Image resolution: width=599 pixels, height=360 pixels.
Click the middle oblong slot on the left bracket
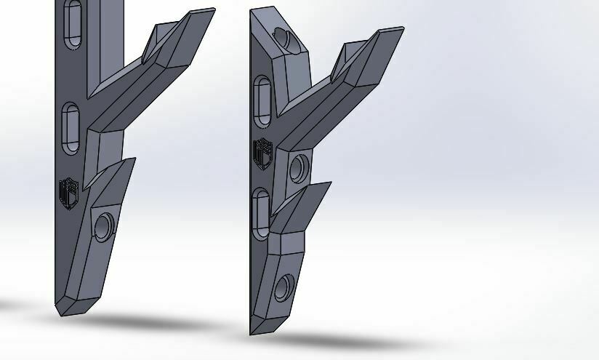point(71,127)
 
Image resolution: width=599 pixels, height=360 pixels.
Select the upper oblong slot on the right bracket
point(263,99)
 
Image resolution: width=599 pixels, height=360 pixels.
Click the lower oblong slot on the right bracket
point(262,210)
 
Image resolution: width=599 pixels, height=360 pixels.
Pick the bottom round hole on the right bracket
point(284,289)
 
